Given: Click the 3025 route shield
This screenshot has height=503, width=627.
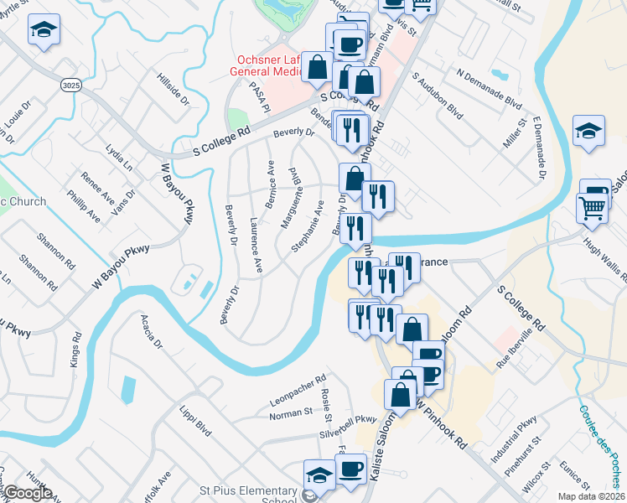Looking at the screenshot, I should (71, 86).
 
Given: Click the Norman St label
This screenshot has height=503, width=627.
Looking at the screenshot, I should (291, 412).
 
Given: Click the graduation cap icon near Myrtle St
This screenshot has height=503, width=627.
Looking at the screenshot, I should (41, 32).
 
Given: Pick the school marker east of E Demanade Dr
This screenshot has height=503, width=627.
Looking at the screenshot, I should (588, 131).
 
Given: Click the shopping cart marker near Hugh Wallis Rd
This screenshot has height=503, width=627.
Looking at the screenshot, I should (592, 207).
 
